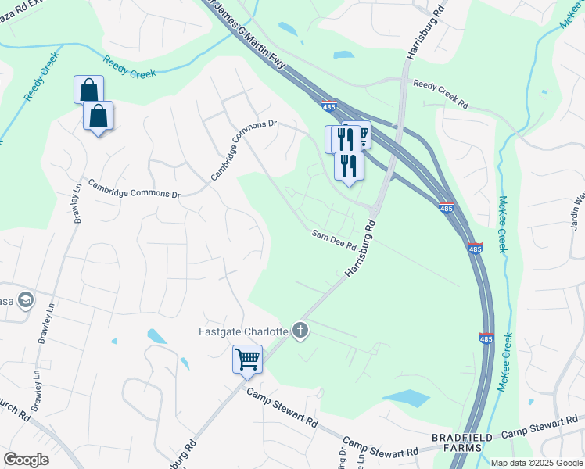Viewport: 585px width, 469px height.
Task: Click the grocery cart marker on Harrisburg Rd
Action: click(247, 360)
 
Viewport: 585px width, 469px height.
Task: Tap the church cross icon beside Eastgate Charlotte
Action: click(300, 331)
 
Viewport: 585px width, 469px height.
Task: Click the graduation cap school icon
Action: click(26, 300)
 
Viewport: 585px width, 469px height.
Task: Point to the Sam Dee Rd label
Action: click(334, 240)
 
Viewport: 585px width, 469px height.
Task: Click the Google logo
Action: click(27, 459)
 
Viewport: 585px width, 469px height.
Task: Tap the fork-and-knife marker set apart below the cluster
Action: click(349, 166)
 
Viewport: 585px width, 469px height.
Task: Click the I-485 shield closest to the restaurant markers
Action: click(330, 104)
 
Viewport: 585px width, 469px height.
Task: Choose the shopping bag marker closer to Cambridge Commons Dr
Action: click(99, 116)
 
